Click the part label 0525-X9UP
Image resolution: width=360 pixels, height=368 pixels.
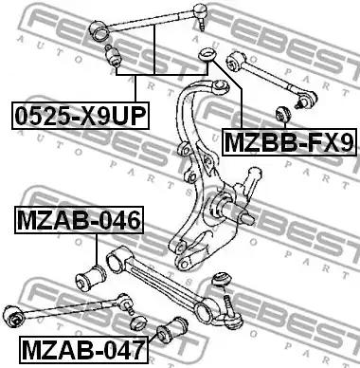[81, 116]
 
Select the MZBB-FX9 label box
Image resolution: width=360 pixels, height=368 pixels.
[289, 142]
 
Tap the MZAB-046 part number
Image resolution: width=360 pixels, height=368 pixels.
[79, 220]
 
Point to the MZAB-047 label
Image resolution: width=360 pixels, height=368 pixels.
[83, 350]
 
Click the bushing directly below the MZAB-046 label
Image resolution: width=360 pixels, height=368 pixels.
[91, 278]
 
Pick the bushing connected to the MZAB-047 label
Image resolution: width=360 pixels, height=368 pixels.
[172, 330]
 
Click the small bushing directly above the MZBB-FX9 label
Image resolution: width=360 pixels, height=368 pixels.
[283, 115]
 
